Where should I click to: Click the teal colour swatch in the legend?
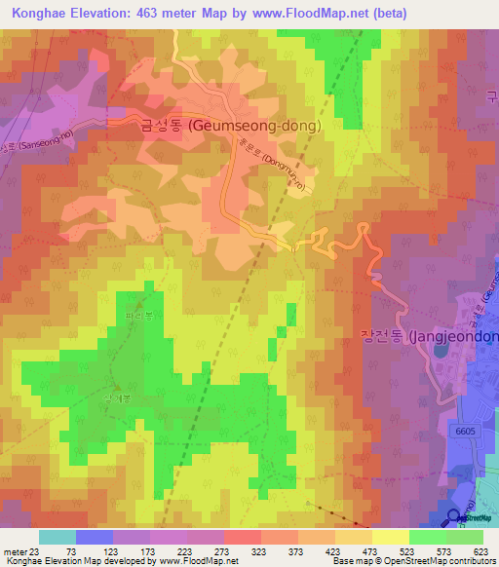click(58, 537)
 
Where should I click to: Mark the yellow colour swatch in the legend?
click(391, 537)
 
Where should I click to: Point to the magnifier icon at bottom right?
click(454, 518)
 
